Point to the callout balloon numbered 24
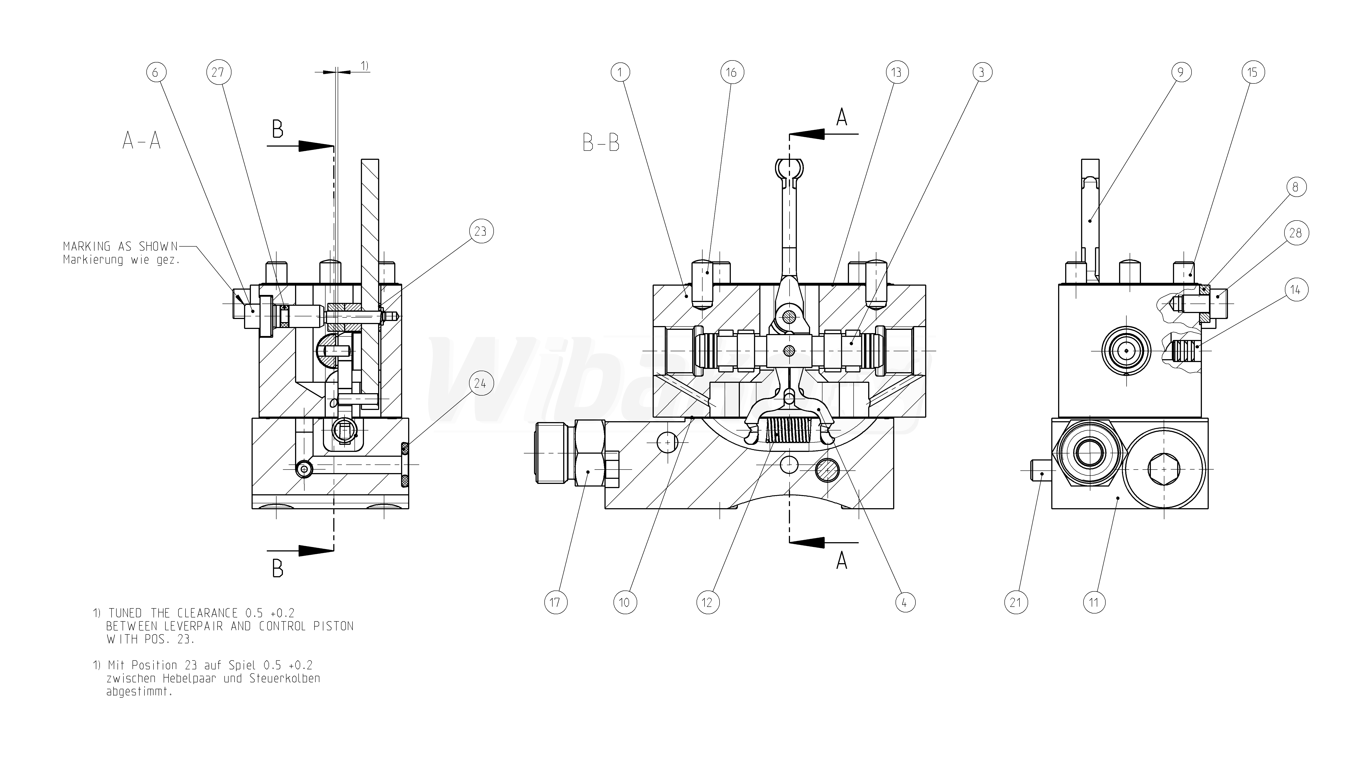point(480,383)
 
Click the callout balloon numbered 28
point(1296,233)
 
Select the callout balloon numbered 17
point(555,602)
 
